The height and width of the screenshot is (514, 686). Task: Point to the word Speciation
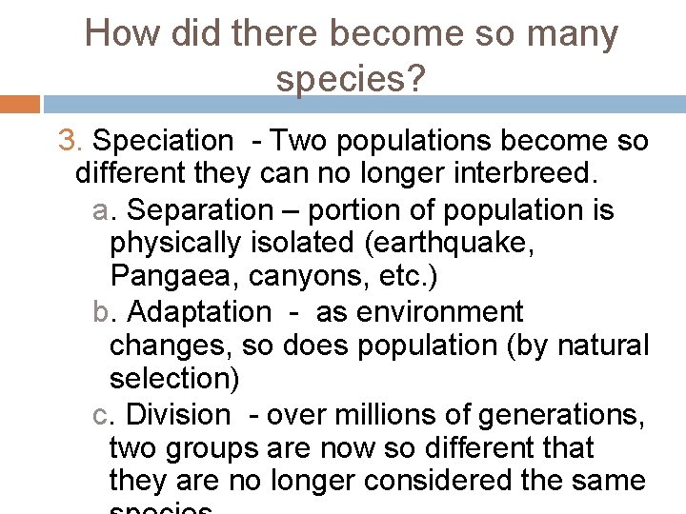162,142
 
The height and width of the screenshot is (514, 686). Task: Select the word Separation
199,209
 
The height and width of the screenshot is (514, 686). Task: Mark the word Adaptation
199,311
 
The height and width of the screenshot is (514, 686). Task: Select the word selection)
174,379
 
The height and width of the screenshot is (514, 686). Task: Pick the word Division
178,414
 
